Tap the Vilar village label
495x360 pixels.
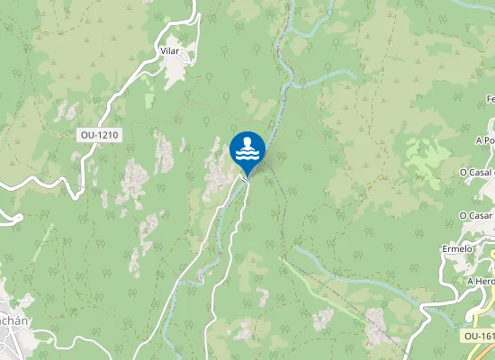(169, 51)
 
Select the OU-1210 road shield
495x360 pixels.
(100, 135)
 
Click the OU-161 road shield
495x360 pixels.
(479, 336)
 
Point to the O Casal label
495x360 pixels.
(477, 172)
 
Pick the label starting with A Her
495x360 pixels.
(481, 281)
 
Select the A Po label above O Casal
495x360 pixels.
(484, 140)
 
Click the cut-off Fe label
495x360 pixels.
(490, 98)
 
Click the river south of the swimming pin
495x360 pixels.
(216, 243)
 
